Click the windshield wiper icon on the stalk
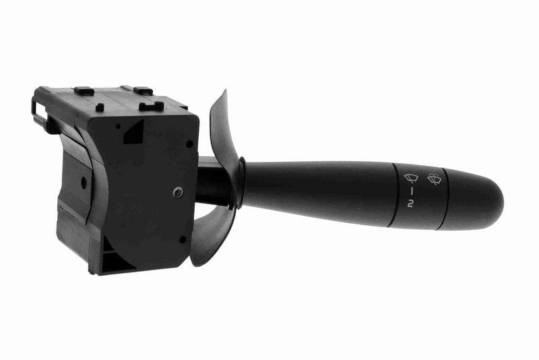pyautogui.click(x=410, y=179)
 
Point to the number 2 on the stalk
pyautogui.click(x=410, y=203)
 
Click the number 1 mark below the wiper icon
pyautogui.click(x=410, y=192)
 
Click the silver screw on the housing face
pyautogui.click(x=177, y=193)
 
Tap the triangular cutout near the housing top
pyautogui.click(x=134, y=131)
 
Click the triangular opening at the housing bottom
pyautogui.click(x=115, y=262)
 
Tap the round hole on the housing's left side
pyautogui.click(x=83, y=181)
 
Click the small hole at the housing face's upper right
pyautogui.click(x=189, y=143)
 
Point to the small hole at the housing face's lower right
pyautogui.click(x=182, y=239)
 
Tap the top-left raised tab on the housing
pyautogui.click(x=84, y=90)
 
